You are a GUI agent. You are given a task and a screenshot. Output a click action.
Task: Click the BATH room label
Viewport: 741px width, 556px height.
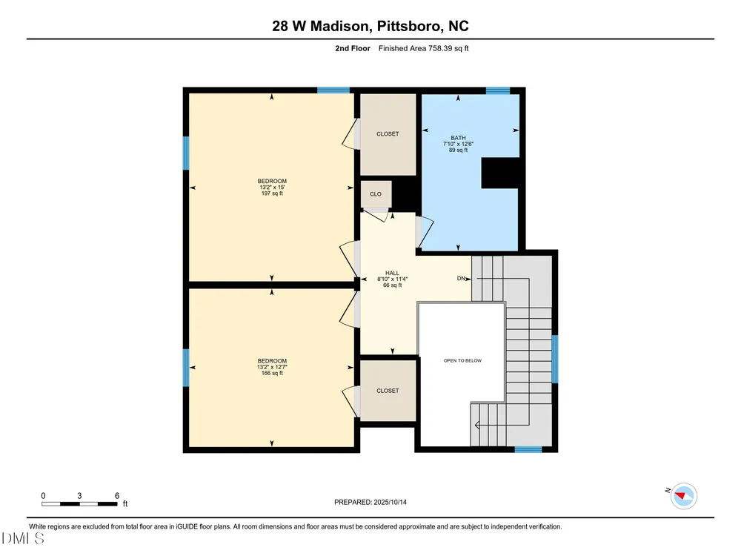point(458,138)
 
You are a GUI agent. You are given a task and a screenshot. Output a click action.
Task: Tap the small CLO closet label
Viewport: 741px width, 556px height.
point(376,193)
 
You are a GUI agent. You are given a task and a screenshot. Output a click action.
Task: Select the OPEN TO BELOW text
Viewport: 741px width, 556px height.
point(462,360)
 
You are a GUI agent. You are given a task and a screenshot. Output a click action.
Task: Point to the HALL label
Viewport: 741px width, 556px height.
point(392,273)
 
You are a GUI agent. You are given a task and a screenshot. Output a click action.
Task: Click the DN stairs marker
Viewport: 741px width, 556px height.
point(461,279)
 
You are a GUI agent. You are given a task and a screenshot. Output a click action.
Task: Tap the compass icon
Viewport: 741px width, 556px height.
point(684,496)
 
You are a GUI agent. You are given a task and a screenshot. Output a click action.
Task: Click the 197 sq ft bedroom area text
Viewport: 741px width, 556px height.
point(272,193)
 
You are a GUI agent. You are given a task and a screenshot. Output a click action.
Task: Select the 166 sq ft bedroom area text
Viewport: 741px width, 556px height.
point(272,373)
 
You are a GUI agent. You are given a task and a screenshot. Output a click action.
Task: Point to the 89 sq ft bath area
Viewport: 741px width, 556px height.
point(458,150)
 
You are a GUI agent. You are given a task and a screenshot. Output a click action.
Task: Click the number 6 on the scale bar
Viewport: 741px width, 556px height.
point(117,495)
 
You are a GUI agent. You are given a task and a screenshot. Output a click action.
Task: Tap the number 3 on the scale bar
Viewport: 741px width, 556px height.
point(79,495)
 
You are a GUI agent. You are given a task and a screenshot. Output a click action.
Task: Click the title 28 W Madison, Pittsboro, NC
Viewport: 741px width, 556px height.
point(370,26)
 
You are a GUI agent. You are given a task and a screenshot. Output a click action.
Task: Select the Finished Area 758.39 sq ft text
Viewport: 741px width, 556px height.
point(423,48)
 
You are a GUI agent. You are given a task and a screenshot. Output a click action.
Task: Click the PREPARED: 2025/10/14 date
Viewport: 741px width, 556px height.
point(370,502)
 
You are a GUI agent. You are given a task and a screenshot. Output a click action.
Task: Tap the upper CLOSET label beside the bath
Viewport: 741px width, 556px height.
point(388,133)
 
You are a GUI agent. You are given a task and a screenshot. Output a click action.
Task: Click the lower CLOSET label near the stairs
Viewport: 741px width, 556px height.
point(388,391)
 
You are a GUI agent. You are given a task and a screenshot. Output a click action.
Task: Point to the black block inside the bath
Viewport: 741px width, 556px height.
point(500,173)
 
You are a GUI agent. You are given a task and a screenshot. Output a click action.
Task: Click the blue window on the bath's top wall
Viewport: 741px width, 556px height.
point(498,90)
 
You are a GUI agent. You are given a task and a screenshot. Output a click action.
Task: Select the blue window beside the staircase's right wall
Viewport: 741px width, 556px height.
point(555,359)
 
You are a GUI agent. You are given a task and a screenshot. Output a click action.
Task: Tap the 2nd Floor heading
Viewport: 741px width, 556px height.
point(353,48)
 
